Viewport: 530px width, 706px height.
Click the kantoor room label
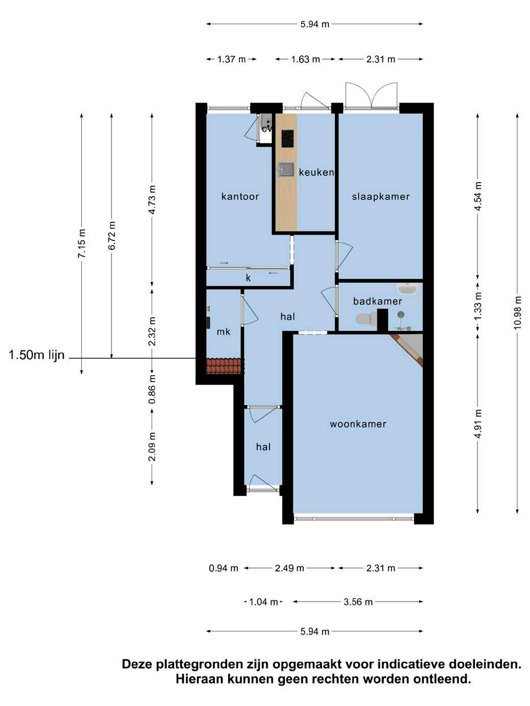click(x=240, y=196)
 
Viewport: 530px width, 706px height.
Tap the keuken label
click(x=317, y=172)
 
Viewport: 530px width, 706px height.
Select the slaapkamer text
click(x=381, y=196)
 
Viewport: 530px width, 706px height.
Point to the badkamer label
click(x=377, y=301)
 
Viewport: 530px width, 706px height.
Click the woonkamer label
click(x=358, y=423)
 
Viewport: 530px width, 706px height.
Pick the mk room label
click(x=223, y=331)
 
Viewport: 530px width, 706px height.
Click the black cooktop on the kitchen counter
click(x=287, y=138)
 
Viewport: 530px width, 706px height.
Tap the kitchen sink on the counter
click(x=286, y=169)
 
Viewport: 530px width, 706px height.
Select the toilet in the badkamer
click(x=366, y=319)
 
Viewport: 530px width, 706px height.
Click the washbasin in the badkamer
click(x=408, y=289)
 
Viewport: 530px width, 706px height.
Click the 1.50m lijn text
click(x=37, y=355)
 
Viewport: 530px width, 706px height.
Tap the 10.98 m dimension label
click(x=517, y=313)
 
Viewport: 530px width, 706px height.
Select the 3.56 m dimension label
click(x=358, y=601)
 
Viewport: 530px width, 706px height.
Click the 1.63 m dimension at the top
click(x=305, y=59)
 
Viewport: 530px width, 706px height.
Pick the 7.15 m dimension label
click(x=82, y=243)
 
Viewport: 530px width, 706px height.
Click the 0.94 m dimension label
click(x=223, y=568)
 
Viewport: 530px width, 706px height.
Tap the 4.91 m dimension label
click(x=478, y=423)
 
